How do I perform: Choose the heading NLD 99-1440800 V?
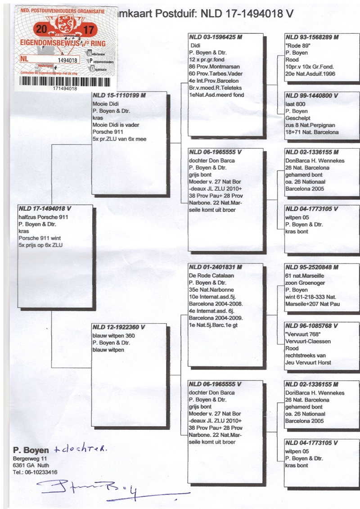click(310, 96)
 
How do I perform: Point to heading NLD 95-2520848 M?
click(311, 267)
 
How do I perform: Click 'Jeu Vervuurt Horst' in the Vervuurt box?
click(308, 362)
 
